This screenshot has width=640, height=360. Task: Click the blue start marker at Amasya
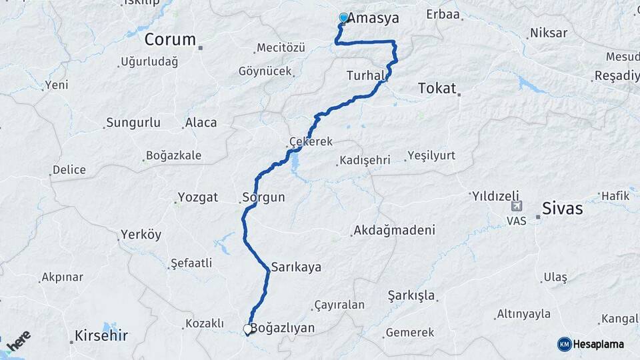click(x=343, y=18)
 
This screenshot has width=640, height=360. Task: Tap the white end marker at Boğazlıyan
click(x=248, y=329)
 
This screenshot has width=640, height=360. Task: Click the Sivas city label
click(x=563, y=209)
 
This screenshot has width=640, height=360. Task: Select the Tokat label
click(x=437, y=88)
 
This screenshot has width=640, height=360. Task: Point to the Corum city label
click(x=170, y=39)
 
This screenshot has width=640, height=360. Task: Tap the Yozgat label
click(x=199, y=197)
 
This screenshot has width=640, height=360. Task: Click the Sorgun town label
click(x=264, y=197)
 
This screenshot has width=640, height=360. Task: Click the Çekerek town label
click(x=311, y=142)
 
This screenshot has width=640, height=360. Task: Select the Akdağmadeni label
click(x=394, y=231)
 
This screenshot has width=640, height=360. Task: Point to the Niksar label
click(x=549, y=33)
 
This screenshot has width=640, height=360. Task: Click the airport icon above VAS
click(x=517, y=207)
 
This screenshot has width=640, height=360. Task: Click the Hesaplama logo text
click(x=598, y=344)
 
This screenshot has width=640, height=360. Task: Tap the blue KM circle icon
click(x=564, y=344)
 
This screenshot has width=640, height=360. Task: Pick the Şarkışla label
click(x=411, y=295)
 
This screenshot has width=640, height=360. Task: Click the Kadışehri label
click(x=369, y=161)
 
